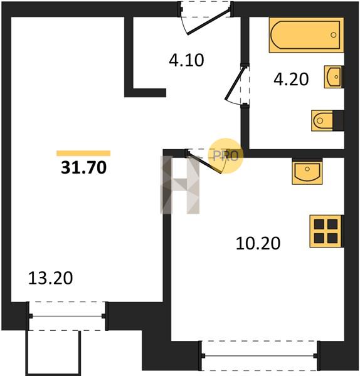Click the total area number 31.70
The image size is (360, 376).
click(84, 167)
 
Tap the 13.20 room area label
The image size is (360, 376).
click(50, 278)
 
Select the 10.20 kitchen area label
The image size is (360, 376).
click(258, 243)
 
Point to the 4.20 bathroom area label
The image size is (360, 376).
click(291, 79)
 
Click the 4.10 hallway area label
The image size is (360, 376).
click(186, 60)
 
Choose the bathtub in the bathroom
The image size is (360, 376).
click(307, 35)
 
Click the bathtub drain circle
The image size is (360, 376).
click(334, 35)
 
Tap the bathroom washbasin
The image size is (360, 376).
click(333, 76)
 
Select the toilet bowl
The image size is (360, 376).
click(322, 120)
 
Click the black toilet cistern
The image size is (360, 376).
click(339, 120)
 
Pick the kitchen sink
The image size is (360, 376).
click(307, 172)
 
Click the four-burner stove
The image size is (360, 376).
click(326, 231)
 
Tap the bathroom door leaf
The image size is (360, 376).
click(235, 84)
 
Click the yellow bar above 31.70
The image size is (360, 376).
click(83, 154)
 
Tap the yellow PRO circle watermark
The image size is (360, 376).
click(226, 156)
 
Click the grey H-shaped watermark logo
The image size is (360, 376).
click(180, 185)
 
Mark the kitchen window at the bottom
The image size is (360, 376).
click(260, 356)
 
